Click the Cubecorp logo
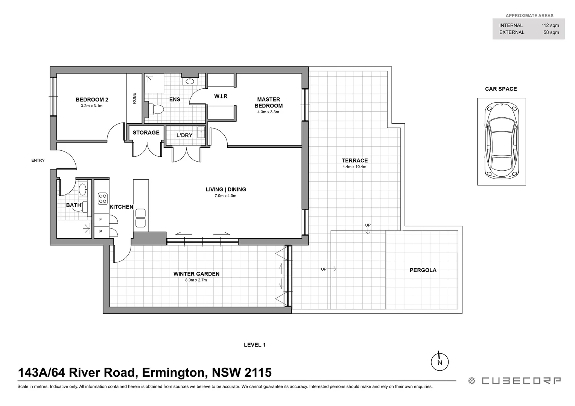(514, 381)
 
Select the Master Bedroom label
(268, 103)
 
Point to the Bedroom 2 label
(92, 100)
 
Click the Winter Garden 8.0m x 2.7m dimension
(196, 280)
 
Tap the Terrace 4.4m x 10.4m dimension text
(354, 167)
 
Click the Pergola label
(423, 270)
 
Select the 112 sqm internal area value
(550, 26)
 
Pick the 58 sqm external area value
(551, 32)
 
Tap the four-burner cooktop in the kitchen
(103, 198)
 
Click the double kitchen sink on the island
(140, 218)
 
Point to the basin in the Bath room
(83, 189)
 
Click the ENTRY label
(38, 161)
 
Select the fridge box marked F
(101, 220)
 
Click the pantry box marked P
(101, 232)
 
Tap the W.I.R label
(221, 97)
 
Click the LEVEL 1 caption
(255, 345)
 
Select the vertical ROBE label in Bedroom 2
(134, 98)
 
